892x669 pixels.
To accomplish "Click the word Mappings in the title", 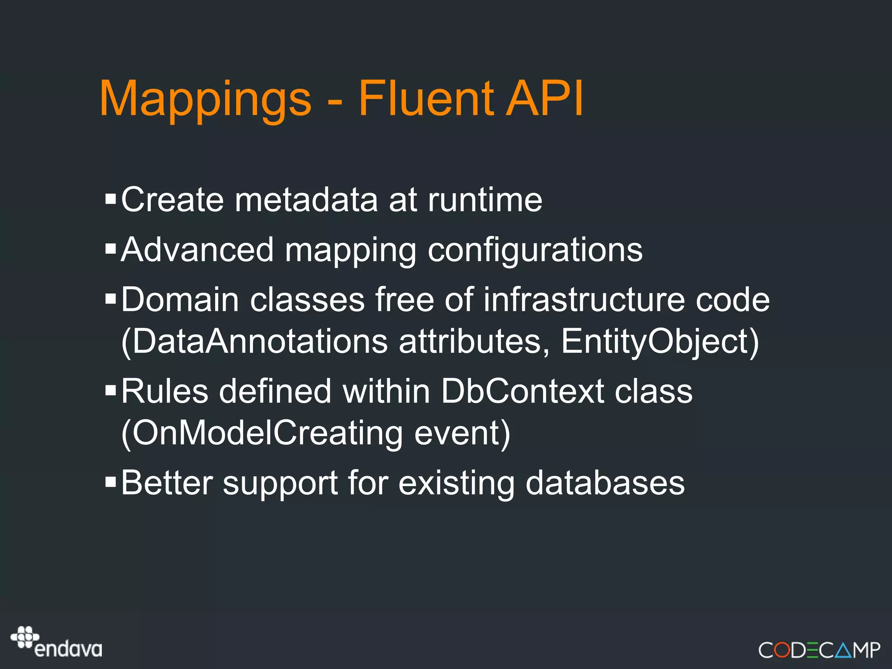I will click(x=205, y=99).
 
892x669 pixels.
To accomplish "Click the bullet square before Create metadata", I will click(x=111, y=199).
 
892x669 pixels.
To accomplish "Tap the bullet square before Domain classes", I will click(x=111, y=299).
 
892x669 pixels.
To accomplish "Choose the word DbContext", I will click(x=522, y=391).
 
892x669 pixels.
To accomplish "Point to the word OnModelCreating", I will click(x=267, y=433).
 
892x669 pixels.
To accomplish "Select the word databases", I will click(x=605, y=483).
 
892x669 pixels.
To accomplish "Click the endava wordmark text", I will click(x=68, y=649).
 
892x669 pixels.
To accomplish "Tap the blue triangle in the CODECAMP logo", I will click(x=843, y=650).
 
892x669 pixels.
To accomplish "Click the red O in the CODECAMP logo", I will click(x=782, y=650).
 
